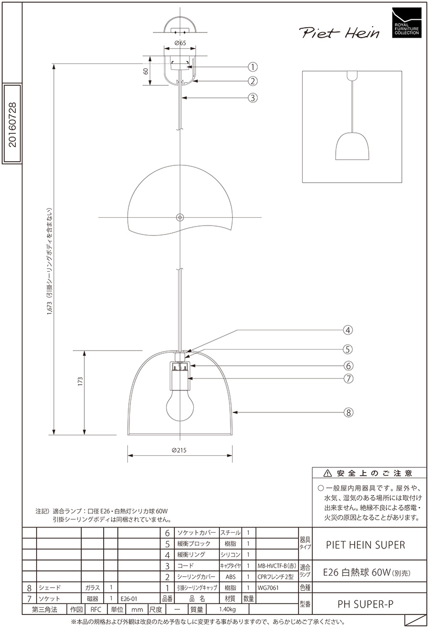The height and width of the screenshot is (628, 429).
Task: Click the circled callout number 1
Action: coord(252,67)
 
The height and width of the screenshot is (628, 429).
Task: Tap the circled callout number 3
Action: coord(252,98)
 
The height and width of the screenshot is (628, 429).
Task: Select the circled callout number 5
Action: coord(348,350)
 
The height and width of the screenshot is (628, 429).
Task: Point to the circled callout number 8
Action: coord(348,412)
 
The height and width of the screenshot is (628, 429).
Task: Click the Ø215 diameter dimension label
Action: coord(179,450)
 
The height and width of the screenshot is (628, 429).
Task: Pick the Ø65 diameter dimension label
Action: coord(180,43)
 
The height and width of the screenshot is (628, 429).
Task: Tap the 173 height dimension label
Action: coord(80,382)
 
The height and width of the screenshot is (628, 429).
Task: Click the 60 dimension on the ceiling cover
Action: coord(146,71)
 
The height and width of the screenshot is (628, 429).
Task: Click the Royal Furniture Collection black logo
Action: coord(406,23)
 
